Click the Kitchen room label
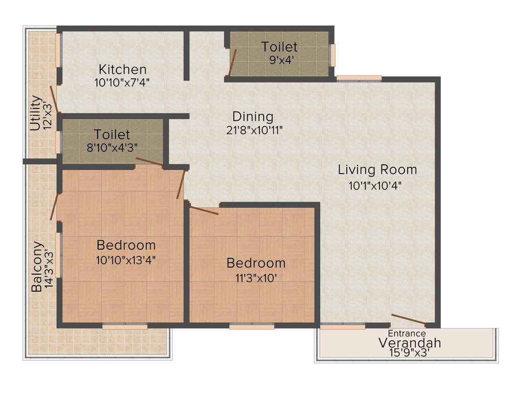point(123,69)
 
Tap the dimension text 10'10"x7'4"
point(122,81)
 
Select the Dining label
point(253,117)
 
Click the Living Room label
point(377,169)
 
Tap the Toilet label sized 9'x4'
point(279,47)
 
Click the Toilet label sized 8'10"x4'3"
point(112,135)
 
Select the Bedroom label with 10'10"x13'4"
point(126,245)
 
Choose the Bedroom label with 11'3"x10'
point(256,263)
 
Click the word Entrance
point(407,334)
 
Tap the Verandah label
point(409,343)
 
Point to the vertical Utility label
point(35,113)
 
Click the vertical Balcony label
point(36,266)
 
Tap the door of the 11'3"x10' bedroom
point(204,210)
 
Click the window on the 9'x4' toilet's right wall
point(332,55)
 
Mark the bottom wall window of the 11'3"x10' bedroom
point(252,326)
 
